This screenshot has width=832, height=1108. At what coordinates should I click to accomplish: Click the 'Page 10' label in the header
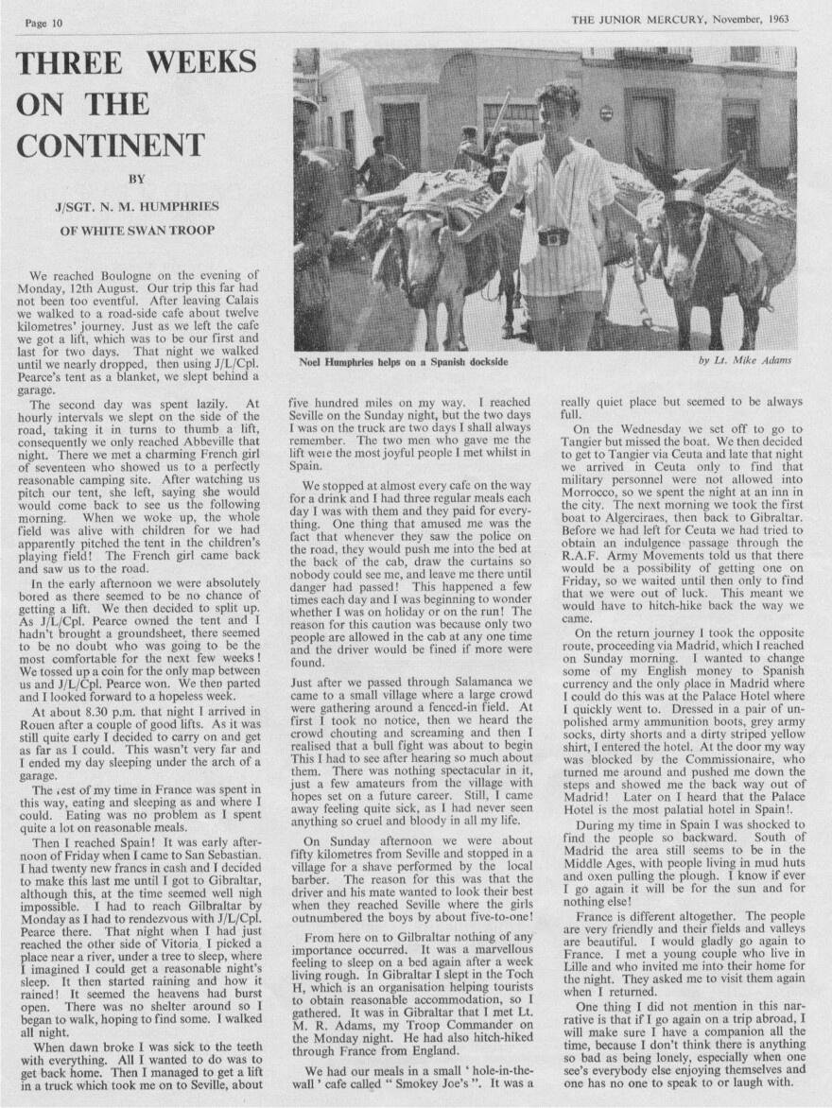click(x=43, y=23)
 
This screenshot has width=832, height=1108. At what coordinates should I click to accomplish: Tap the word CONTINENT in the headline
click(x=110, y=146)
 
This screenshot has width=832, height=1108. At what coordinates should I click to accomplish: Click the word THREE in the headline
click(x=66, y=62)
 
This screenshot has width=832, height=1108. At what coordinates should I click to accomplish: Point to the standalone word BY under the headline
click(x=135, y=175)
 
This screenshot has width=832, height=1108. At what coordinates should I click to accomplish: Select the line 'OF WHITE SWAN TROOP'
click(x=136, y=230)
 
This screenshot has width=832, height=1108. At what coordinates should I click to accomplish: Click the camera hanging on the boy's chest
click(x=554, y=235)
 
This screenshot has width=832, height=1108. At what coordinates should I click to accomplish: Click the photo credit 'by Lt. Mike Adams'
click(x=744, y=361)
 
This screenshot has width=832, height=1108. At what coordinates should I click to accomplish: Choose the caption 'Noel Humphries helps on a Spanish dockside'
click(x=404, y=361)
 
